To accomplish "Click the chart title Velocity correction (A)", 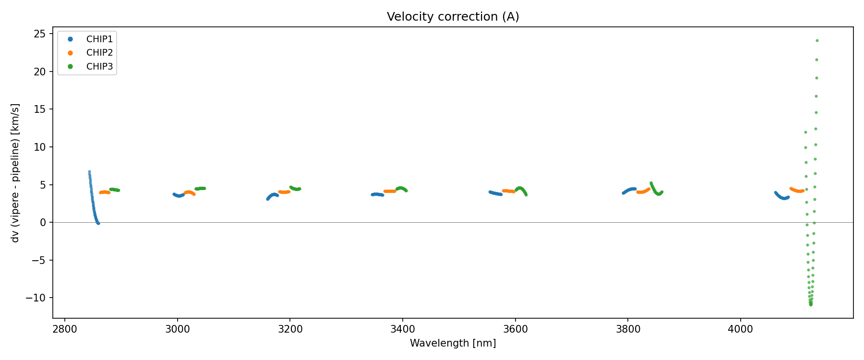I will [453, 17].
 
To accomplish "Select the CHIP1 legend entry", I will [99, 39].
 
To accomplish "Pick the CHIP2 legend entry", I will [99, 53].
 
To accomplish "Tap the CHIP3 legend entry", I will [99, 67].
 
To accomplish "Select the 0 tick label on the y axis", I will [43, 223].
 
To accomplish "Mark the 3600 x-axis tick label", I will [515, 329].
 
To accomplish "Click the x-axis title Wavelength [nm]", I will [453, 343].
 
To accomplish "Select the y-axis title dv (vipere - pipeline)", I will [15, 173].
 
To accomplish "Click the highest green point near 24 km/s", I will [817, 41].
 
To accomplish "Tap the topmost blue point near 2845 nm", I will [89, 172].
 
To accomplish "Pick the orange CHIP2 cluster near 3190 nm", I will [285, 192].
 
